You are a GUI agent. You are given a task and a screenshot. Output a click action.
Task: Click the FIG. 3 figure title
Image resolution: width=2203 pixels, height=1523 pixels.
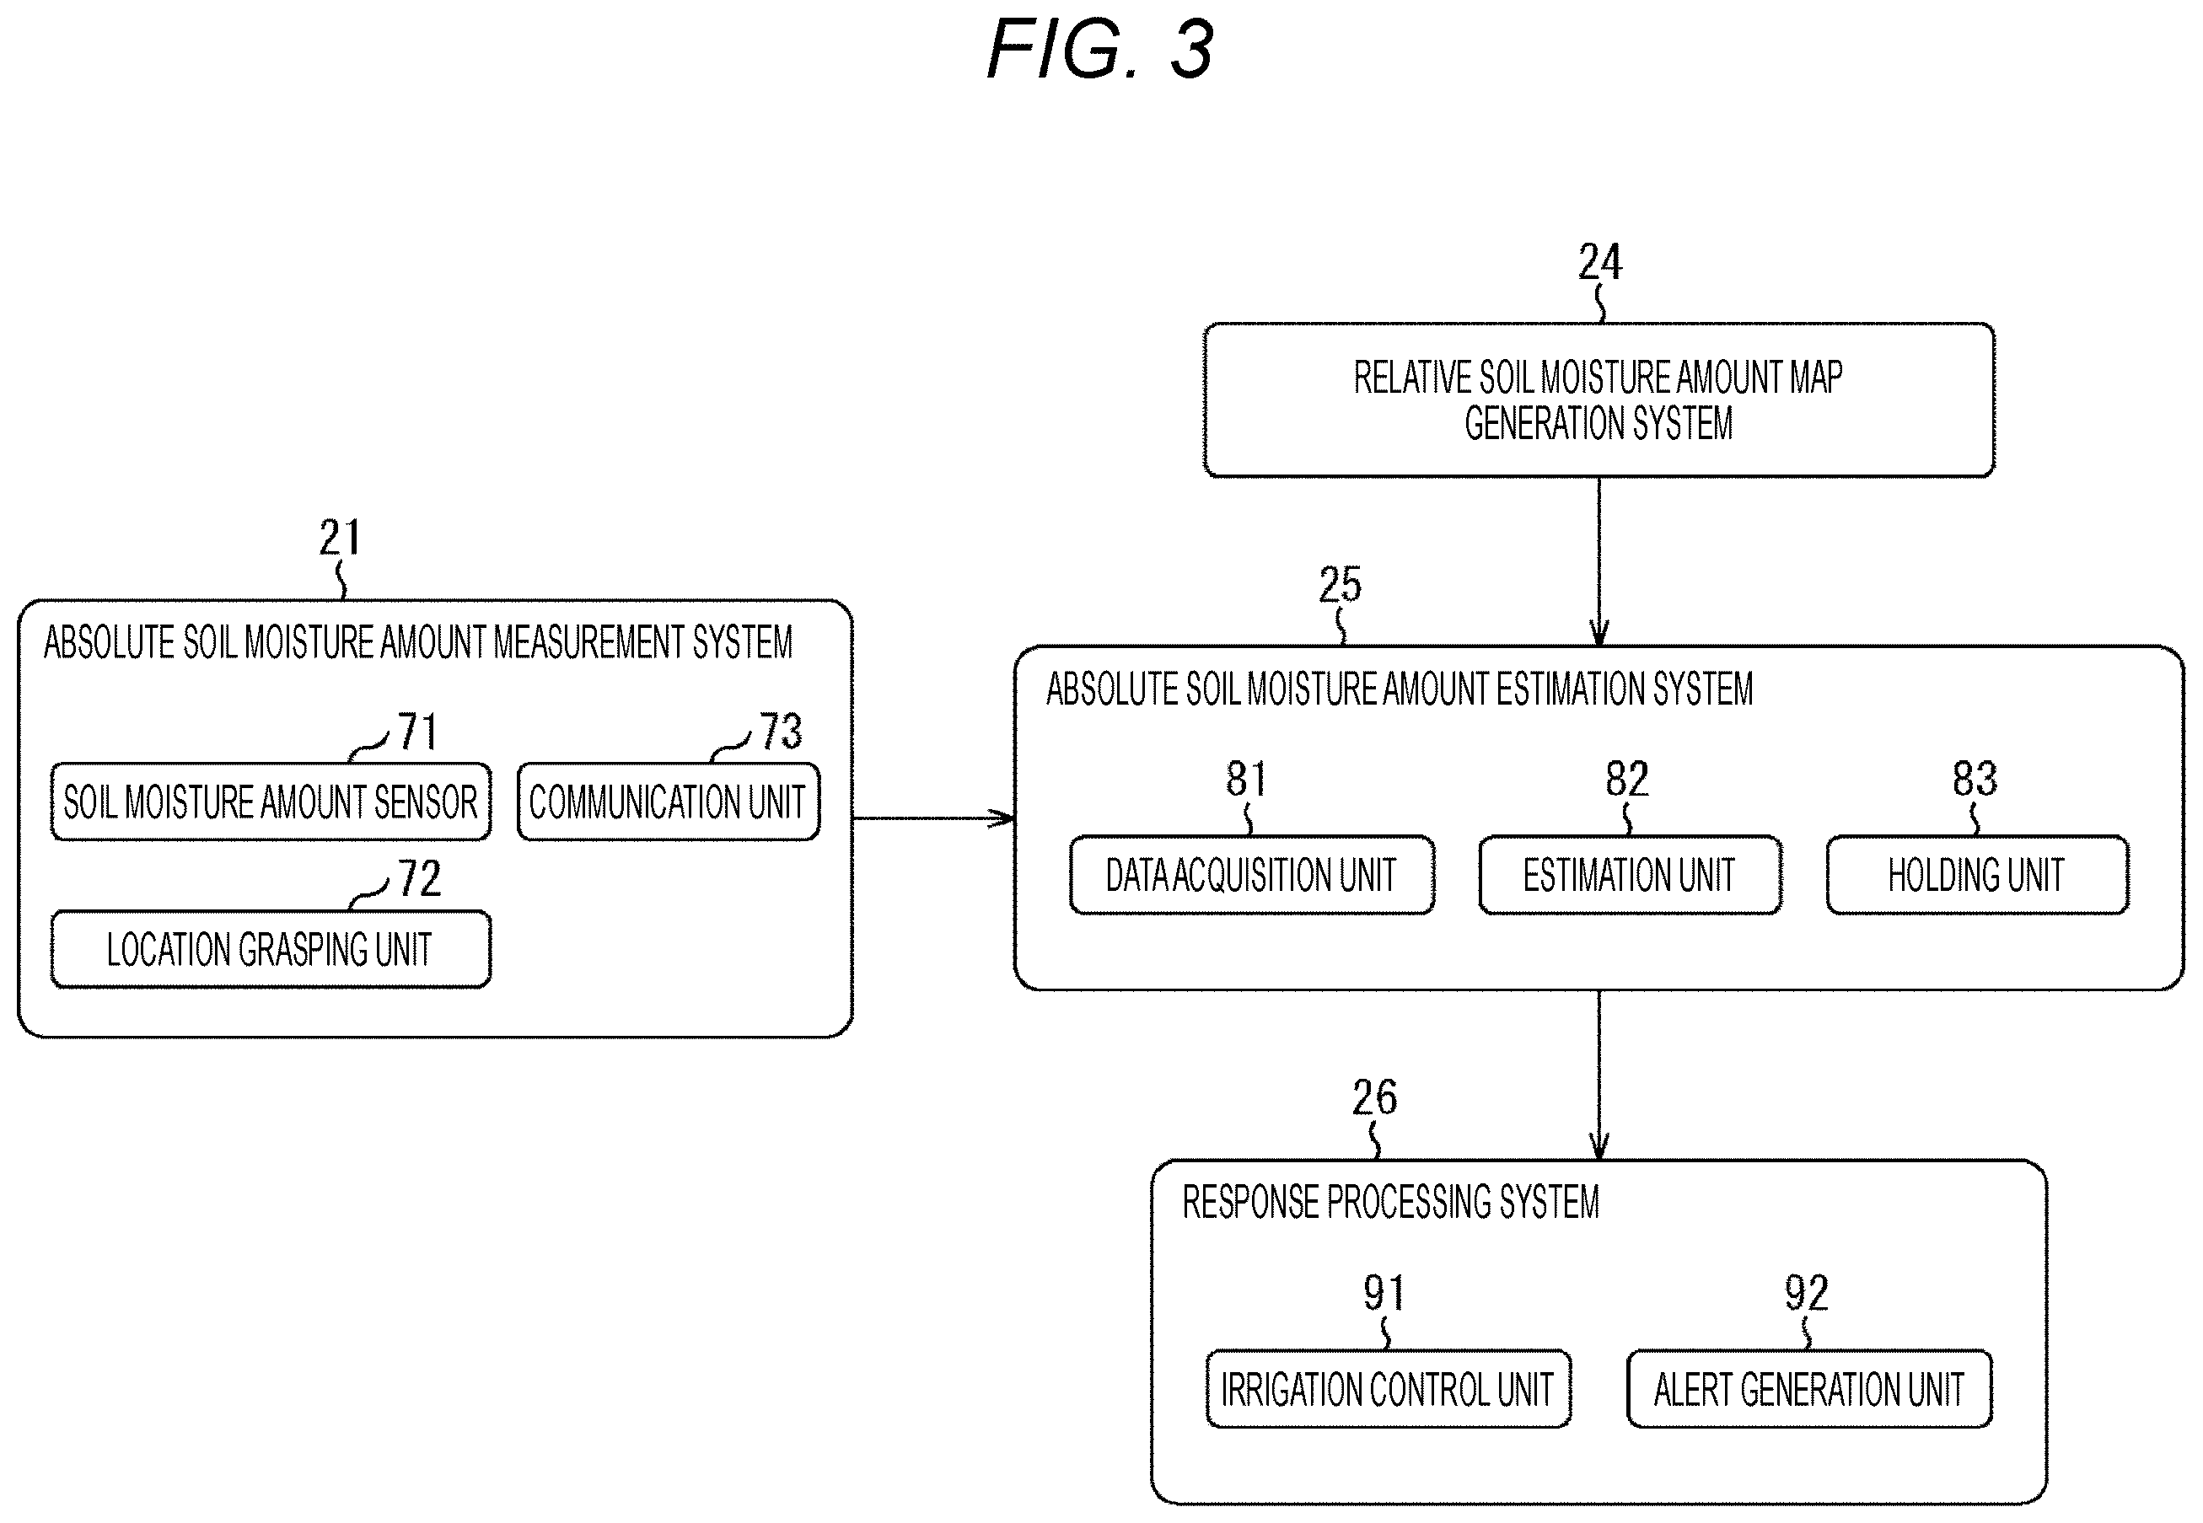[1099, 49]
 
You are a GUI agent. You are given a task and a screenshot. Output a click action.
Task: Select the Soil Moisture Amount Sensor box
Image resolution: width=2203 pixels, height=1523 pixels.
[271, 802]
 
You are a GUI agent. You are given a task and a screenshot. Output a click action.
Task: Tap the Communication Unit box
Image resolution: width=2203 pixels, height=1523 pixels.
[669, 802]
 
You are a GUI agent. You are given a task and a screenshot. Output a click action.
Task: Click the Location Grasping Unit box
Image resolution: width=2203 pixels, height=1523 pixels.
[271, 950]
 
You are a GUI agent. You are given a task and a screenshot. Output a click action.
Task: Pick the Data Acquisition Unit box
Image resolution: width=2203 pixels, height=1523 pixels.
[1251, 875]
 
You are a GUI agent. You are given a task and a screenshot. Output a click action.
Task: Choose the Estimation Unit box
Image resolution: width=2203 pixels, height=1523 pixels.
[1630, 875]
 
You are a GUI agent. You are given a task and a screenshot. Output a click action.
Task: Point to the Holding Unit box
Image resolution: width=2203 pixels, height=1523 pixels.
[1977, 875]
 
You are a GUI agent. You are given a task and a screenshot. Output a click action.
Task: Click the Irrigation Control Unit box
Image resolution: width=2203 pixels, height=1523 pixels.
[1388, 1389]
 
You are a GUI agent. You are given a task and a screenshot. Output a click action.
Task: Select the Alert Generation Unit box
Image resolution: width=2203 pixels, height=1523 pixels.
[1808, 1389]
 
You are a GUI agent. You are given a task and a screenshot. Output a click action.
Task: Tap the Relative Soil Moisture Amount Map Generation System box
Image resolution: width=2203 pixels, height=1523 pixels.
[1599, 400]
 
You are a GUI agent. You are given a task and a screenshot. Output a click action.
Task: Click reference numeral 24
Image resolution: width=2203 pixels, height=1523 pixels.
[1599, 261]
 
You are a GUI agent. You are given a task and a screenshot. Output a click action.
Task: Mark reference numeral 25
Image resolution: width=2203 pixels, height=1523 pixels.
[1341, 584]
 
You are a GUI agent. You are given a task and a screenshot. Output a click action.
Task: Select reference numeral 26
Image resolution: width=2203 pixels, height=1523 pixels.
[1374, 1097]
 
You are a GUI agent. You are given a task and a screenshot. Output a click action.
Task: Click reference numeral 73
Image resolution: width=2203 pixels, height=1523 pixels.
[781, 732]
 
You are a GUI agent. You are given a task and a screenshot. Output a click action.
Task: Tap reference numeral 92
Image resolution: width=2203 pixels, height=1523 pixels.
[1806, 1293]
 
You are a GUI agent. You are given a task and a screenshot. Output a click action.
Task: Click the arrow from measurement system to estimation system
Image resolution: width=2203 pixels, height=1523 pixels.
[933, 818]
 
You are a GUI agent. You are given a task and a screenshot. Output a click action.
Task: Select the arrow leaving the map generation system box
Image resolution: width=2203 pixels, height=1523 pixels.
[1599, 561]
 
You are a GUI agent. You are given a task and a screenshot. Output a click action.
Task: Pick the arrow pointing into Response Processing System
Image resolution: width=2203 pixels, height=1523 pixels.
[1599, 1075]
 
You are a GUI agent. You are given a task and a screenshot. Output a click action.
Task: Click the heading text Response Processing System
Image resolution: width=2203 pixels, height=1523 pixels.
[1391, 1203]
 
